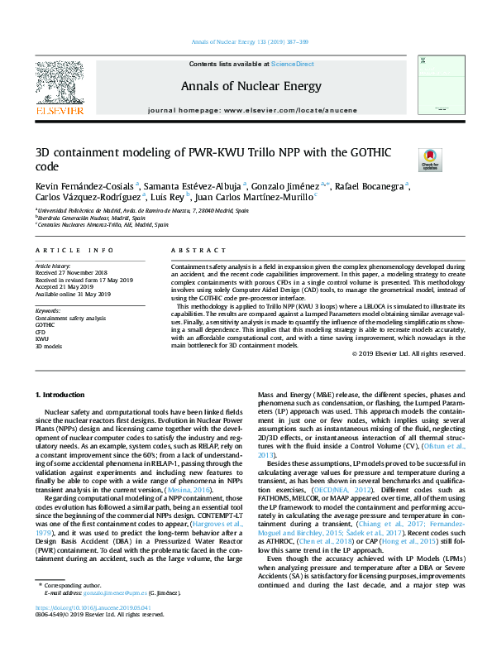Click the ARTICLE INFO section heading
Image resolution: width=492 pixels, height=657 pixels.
tap(74, 250)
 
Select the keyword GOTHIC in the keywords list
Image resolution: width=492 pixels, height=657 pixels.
tap(45, 325)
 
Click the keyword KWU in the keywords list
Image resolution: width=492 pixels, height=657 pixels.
tap(41, 339)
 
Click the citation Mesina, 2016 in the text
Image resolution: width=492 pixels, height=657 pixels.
tap(191, 491)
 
